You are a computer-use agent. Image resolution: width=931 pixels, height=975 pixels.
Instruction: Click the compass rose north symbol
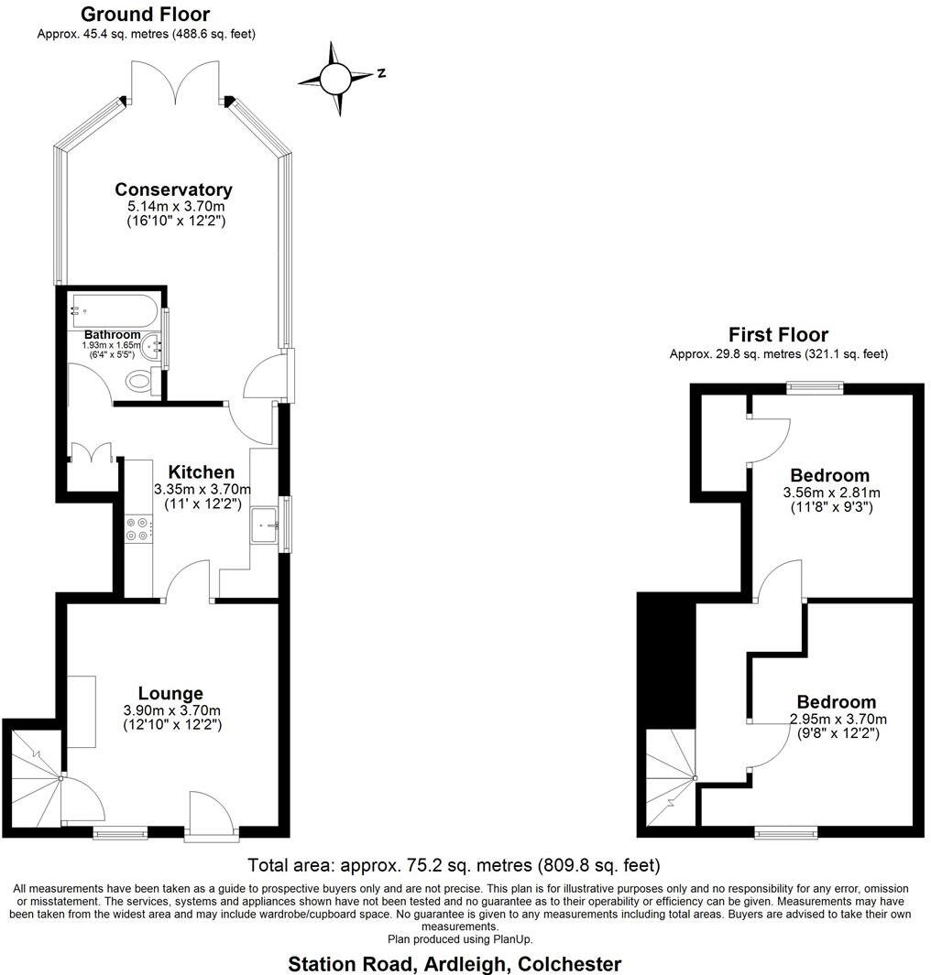coord(336,78)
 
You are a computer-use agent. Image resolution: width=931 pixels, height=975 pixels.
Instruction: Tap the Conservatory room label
coord(173,190)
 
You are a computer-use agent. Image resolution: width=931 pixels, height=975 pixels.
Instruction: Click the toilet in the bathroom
coord(139,381)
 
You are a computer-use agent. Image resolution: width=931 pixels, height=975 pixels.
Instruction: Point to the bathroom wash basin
coord(153,347)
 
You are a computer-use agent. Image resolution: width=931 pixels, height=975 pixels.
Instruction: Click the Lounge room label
coord(170,693)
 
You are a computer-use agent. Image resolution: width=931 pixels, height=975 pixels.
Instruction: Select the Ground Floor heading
coord(145,15)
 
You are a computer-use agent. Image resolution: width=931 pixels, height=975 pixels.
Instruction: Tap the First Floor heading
coord(778,335)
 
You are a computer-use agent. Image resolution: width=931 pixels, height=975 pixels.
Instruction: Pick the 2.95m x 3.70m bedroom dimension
coord(838,719)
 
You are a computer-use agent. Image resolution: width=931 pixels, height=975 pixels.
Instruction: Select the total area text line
coord(454,865)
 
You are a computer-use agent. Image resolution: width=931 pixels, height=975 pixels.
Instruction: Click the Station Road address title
coord(455,964)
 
